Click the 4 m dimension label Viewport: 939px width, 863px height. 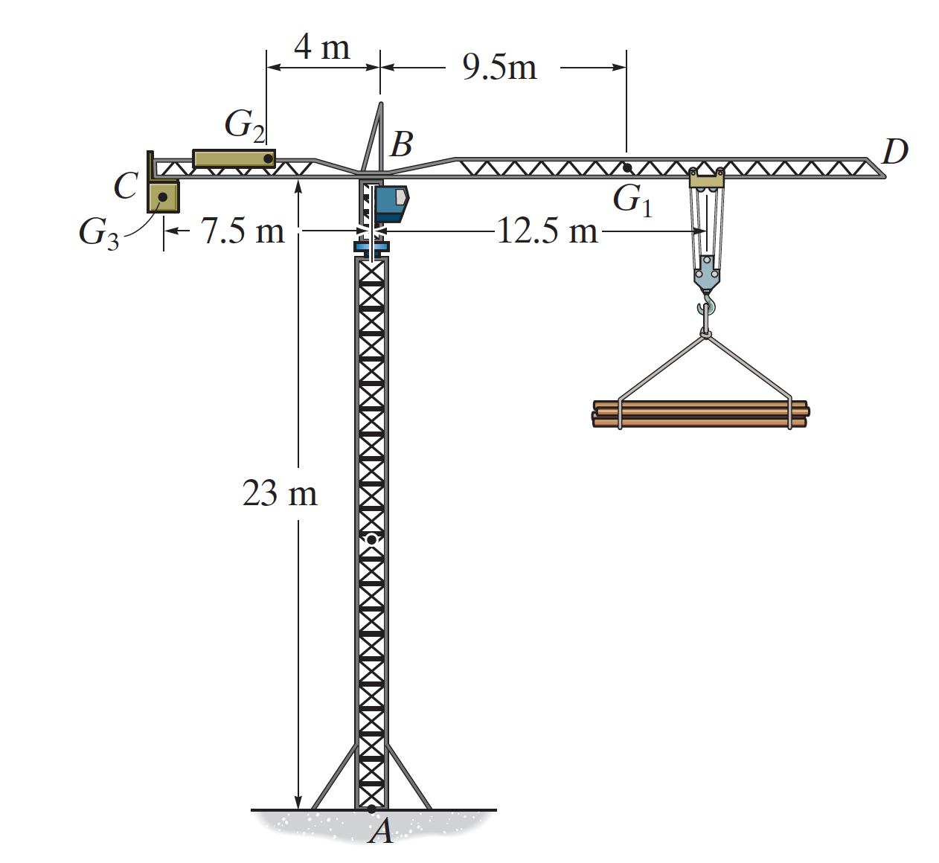tap(322, 48)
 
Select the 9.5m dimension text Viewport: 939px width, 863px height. tap(499, 68)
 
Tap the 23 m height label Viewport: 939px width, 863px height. tap(280, 493)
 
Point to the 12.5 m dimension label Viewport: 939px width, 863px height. tap(547, 231)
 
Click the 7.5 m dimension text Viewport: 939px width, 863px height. tap(243, 231)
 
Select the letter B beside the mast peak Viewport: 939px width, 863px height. tap(402, 144)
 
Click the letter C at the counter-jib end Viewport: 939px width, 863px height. tap(126, 185)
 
